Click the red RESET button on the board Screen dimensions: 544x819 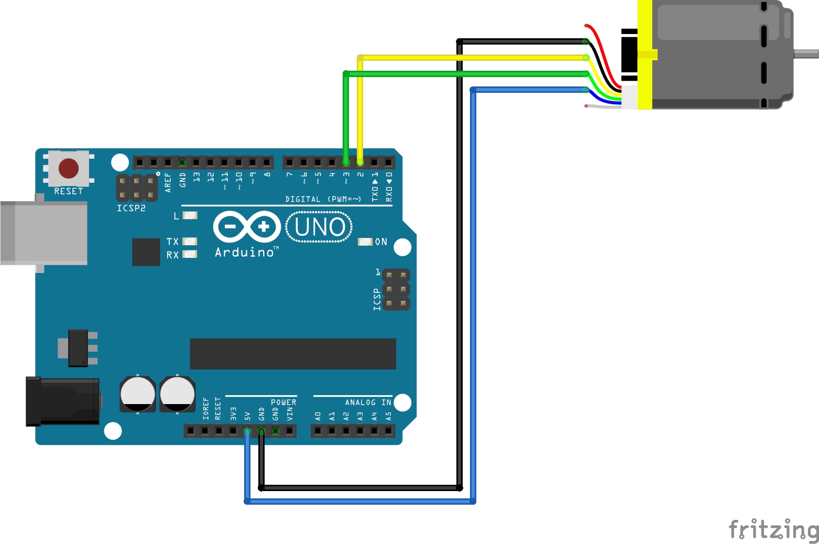tap(69, 168)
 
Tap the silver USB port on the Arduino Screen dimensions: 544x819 tap(44, 233)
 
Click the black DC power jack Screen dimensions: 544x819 tap(63, 401)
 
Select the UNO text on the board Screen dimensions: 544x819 tap(320, 227)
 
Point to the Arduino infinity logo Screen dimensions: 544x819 tap(247, 226)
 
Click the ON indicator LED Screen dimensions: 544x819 tap(365, 242)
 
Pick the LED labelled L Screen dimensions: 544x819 tap(190, 215)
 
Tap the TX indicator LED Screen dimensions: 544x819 tap(190, 241)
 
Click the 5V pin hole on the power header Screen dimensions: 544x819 tap(247, 431)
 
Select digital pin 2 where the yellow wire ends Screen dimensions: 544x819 tap(360, 162)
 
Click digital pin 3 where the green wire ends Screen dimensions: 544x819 tap(346, 162)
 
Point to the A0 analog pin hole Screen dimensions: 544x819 tap(318, 431)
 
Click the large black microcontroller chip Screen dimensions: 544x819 tap(292, 354)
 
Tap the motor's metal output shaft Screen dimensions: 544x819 tap(806, 53)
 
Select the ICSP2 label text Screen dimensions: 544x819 tap(131, 208)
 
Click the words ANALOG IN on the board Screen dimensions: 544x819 tap(368, 402)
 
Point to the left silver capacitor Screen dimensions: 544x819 tap(138, 394)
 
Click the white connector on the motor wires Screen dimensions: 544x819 tap(629, 97)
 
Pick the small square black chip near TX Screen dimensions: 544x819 tap(146, 252)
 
